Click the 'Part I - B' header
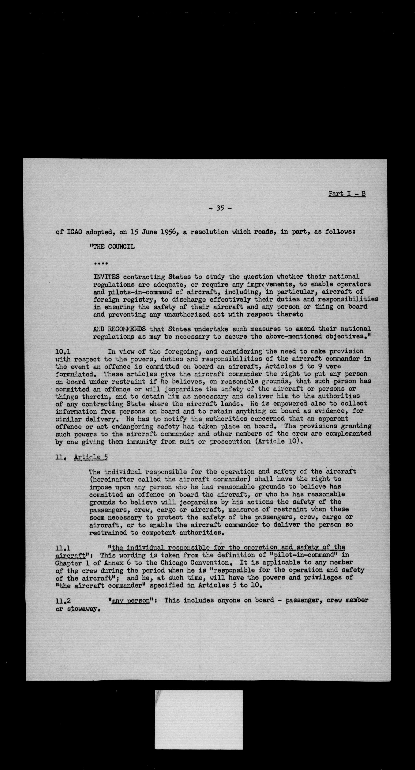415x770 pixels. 347,193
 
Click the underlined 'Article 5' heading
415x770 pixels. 91,457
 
